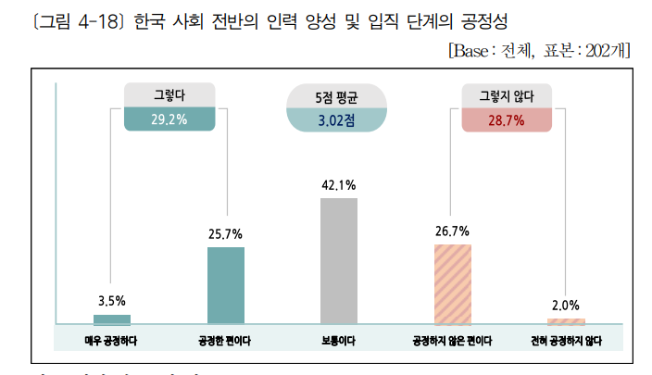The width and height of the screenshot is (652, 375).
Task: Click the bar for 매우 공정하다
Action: click(x=112, y=319)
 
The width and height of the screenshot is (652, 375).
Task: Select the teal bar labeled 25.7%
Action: click(x=226, y=285)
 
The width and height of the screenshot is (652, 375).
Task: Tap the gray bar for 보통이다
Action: click(x=339, y=260)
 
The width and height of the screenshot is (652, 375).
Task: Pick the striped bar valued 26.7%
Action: click(x=453, y=283)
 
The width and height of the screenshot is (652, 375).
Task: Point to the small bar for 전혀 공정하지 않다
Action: click(x=566, y=320)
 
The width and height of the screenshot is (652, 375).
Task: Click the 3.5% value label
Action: click(x=112, y=301)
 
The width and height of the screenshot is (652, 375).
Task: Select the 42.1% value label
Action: click(x=339, y=185)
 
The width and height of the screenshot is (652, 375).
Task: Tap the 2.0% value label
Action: click(x=565, y=305)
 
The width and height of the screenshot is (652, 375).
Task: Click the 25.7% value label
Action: click(x=226, y=233)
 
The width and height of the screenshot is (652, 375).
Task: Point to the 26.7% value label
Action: click(x=452, y=231)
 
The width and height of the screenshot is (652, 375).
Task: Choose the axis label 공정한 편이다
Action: click(x=226, y=340)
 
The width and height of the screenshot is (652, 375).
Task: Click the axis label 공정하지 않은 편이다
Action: click(x=453, y=340)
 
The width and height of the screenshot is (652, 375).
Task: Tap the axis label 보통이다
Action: click(x=339, y=340)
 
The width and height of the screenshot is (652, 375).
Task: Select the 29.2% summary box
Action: click(x=169, y=119)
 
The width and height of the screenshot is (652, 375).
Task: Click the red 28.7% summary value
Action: click(x=507, y=120)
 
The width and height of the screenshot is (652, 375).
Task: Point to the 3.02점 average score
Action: click(x=337, y=120)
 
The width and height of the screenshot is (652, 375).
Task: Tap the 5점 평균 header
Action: click(x=337, y=96)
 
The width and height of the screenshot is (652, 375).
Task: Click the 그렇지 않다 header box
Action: click(x=507, y=95)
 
